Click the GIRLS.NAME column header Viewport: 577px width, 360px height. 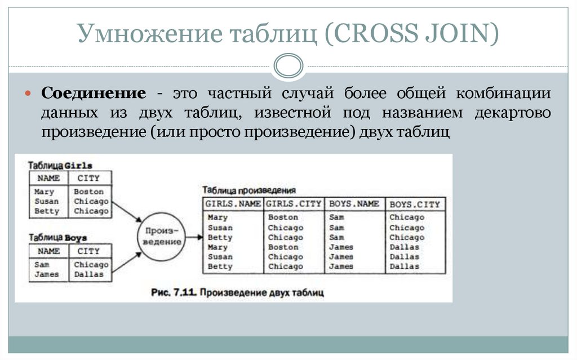pyautogui.click(x=233, y=203)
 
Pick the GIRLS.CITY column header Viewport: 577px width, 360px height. pyautogui.click(x=294, y=203)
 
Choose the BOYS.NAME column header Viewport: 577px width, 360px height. pyautogui.click(x=354, y=203)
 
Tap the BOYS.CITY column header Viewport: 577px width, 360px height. pyautogui.click(x=414, y=204)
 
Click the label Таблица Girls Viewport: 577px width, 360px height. pyautogui.click(x=60, y=166)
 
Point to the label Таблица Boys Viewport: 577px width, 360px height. pyautogui.click(x=58, y=238)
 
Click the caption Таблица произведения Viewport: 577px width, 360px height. pyautogui.click(x=248, y=190)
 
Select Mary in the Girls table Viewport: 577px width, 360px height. pyautogui.click(x=45, y=192)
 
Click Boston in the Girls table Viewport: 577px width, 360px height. pyautogui.click(x=89, y=192)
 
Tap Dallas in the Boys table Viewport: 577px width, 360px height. pyautogui.click(x=89, y=274)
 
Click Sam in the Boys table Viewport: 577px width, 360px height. pyautogui.click(x=42, y=264)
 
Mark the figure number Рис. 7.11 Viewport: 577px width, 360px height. pyautogui.click(x=174, y=293)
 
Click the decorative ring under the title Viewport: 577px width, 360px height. pyautogui.click(x=288, y=65)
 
